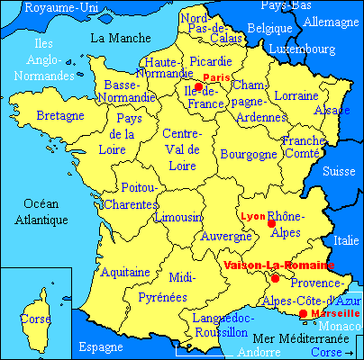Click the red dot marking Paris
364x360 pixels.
198,87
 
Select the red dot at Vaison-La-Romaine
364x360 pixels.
275,279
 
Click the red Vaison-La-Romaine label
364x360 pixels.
276,265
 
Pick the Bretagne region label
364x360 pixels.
59,117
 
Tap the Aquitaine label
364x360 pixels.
125,271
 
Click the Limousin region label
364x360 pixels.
177,218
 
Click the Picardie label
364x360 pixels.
212,61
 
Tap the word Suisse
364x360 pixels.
339,170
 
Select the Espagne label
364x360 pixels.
100,346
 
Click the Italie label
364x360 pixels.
346,240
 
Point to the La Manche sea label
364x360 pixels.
121,38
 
